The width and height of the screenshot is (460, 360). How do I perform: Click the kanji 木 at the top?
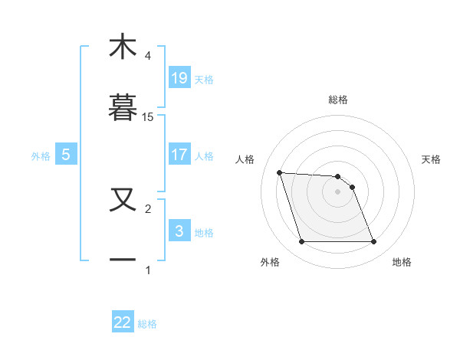point(123,47)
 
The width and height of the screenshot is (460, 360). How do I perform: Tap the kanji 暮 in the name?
point(123,107)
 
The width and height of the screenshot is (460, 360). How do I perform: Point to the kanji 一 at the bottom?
point(123,260)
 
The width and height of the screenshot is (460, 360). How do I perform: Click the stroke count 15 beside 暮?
point(148,116)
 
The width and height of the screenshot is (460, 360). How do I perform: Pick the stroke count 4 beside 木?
point(148,55)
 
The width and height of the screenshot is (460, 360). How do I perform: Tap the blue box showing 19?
point(179,78)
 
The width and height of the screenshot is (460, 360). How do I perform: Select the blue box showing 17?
point(179,155)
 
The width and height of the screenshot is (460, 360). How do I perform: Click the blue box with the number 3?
point(179,231)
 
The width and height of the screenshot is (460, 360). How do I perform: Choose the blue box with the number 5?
point(66,155)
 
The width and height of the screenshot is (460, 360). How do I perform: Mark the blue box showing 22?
point(123,323)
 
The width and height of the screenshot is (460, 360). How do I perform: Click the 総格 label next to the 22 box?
point(147,324)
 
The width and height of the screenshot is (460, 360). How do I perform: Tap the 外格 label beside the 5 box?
point(41,155)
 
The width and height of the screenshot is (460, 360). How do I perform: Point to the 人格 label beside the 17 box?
point(204,155)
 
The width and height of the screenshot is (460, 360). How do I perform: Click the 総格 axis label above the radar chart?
point(338,100)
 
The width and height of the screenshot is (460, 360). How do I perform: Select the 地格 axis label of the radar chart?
point(402,262)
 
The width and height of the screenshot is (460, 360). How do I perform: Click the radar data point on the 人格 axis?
point(280,172)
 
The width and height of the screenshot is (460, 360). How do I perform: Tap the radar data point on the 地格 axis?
point(373,242)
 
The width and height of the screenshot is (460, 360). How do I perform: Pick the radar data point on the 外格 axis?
point(301,242)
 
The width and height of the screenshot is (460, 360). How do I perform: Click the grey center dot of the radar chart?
point(337,191)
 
